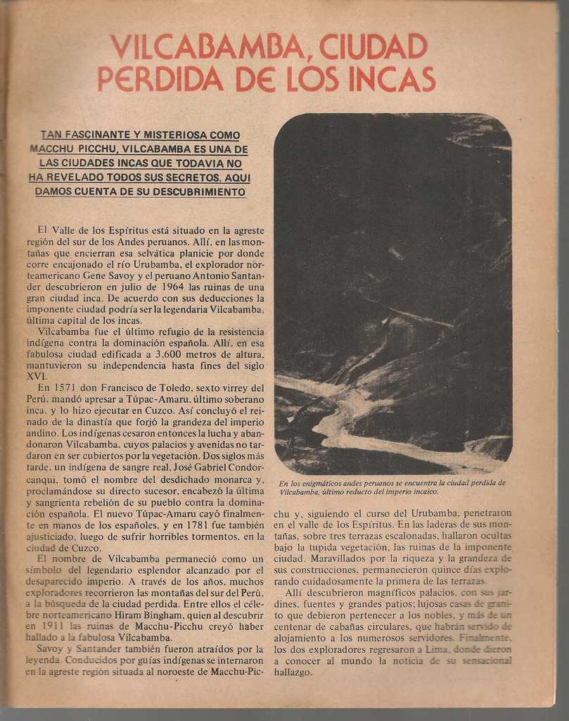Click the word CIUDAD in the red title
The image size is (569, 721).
(373, 46)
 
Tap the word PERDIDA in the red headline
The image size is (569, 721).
(160, 79)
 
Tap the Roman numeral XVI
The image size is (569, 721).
(36, 377)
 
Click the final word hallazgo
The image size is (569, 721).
(293, 672)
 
